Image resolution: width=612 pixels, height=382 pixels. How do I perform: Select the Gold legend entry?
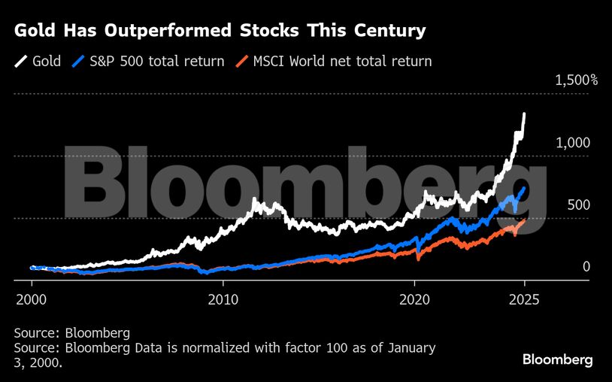(38, 61)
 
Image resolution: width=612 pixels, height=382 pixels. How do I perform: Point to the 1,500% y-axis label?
(576, 80)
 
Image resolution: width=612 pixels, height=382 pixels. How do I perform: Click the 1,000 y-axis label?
(573, 143)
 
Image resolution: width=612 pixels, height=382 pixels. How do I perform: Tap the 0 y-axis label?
(586, 267)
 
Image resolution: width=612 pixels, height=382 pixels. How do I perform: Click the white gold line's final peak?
(524, 114)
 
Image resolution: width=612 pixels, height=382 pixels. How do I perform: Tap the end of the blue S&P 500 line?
(524, 188)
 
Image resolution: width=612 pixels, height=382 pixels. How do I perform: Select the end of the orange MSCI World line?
(524, 221)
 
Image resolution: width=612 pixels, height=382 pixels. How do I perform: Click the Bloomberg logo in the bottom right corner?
(557, 359)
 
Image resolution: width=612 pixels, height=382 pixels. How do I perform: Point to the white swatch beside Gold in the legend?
(20, 61)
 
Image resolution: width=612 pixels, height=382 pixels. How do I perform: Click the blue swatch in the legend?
(78, 61)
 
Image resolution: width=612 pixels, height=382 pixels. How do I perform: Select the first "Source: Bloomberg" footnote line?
(72, 333)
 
